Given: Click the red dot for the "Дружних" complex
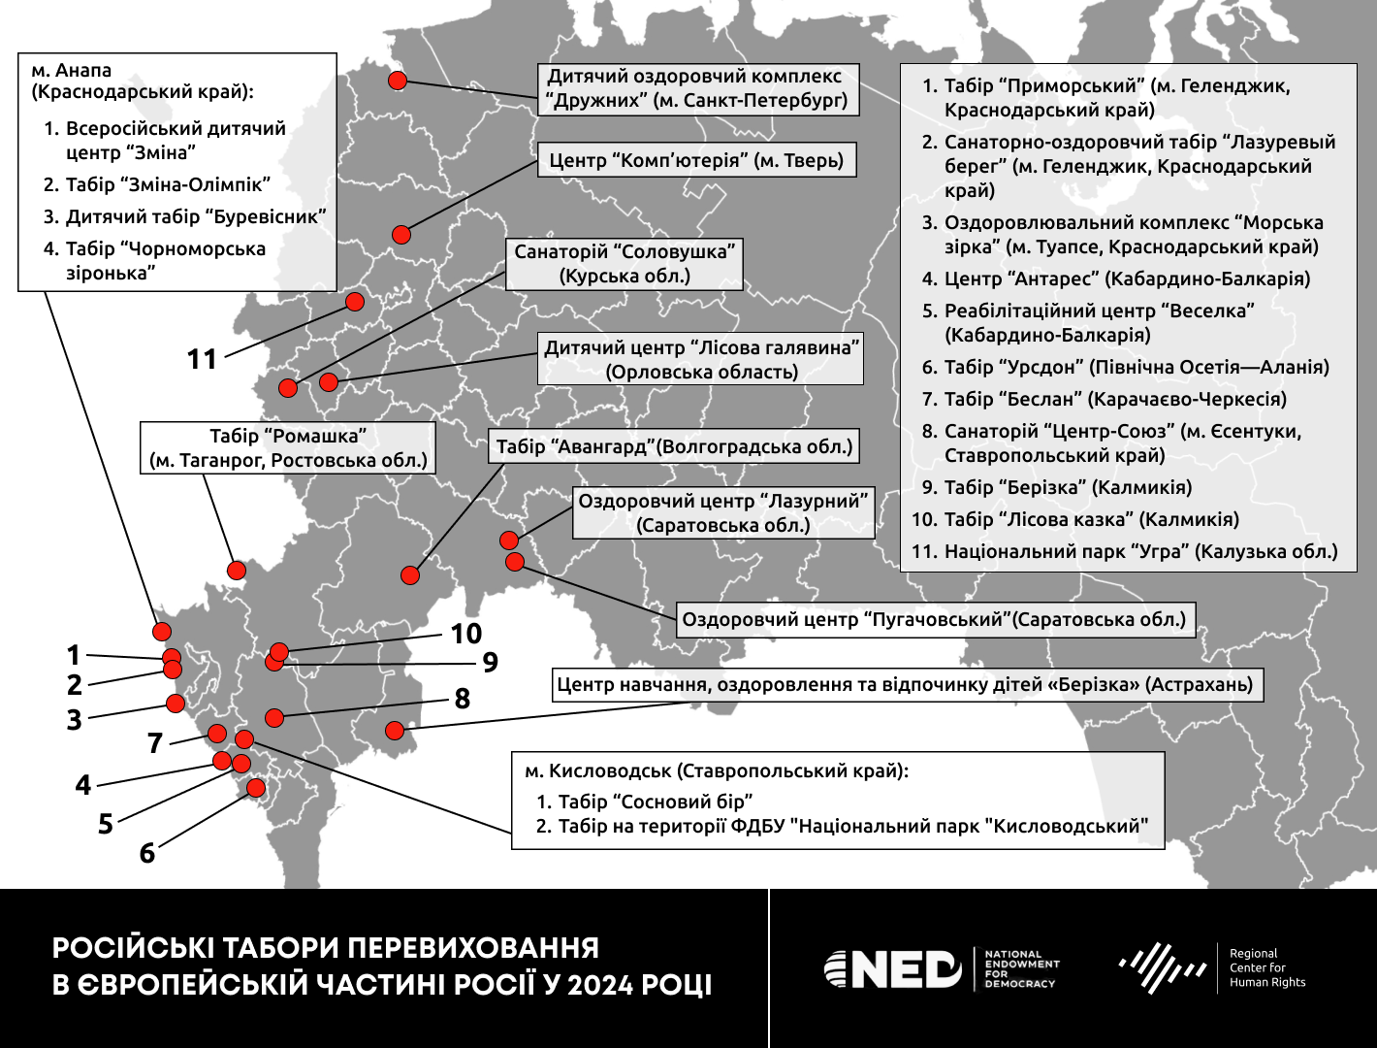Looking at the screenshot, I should (x=398, y=81).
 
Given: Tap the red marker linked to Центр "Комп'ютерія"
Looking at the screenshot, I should (x=401, y=234).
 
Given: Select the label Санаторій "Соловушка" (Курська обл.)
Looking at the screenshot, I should (x=624, y=264).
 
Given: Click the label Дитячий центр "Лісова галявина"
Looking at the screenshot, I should (x=701, y=360).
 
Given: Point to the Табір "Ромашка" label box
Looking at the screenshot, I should (x=288, y=448).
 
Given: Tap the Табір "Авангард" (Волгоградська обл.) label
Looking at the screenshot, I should (x=674, y=446).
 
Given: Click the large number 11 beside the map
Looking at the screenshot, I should (x=202, y=360).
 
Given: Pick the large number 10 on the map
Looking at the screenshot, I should (x=466, y=634).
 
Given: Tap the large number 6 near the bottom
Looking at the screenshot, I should (x=147, y=853).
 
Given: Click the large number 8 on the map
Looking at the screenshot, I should (x=463, y=699).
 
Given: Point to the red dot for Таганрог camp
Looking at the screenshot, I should (x=237, y=570).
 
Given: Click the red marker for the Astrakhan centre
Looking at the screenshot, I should (x=395, y=730).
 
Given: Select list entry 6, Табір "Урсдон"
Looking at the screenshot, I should (x=1125, y=367).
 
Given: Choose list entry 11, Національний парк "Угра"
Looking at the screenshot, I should (x=1125, y=551).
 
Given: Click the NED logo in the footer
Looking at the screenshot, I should (x=893, y=968).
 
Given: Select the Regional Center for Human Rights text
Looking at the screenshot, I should (x=1266, y=967).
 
